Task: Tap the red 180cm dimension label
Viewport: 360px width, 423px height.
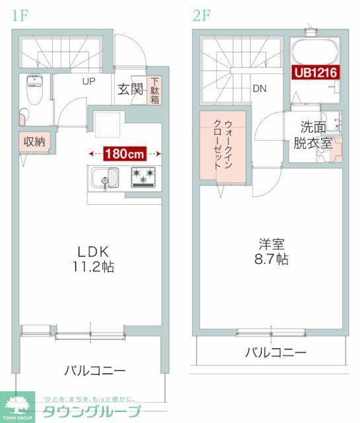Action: (125, 154)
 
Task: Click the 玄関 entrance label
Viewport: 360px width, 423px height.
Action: (130, 89)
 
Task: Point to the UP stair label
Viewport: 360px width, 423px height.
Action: (89, 82)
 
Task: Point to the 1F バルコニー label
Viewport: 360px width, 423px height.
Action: (94, 371)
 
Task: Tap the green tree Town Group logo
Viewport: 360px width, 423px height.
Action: (20, 404)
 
